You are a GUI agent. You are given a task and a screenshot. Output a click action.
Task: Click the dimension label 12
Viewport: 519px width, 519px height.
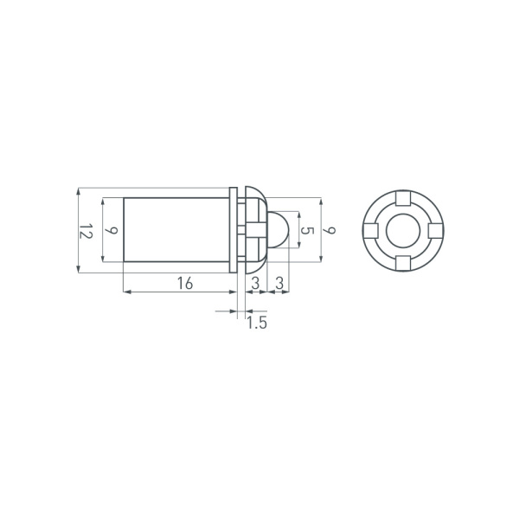pyautogui.click(x=86, y=231)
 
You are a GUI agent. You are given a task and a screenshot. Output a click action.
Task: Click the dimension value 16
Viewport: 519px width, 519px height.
pyautogui.click(x=185, y=284)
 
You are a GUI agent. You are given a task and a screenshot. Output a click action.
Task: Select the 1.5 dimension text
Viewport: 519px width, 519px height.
pyautogui.click(x=257, y=323)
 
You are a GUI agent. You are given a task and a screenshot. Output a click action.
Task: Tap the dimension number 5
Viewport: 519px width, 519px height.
pyautogui.click(x=308, y=230)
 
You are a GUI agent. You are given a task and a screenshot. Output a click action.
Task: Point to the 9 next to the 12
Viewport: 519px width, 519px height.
pyautogui.click(x=112, y=230)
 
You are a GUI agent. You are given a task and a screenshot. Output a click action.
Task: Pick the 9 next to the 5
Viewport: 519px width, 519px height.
pyautogui.click(x=330, y=230)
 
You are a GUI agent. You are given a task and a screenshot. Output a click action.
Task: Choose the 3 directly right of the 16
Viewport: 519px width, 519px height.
pyautogui.click(x=255, y=284)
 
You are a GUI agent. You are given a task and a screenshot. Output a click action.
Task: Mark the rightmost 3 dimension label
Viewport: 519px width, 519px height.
pyautogui.click(x=279, y=284)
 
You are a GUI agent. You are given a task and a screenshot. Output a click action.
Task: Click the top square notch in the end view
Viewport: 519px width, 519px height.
pyautogui.click(x=403, y=198)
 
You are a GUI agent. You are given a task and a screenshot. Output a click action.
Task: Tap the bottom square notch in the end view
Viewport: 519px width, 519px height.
pyautogui.click(x=403, y=263)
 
